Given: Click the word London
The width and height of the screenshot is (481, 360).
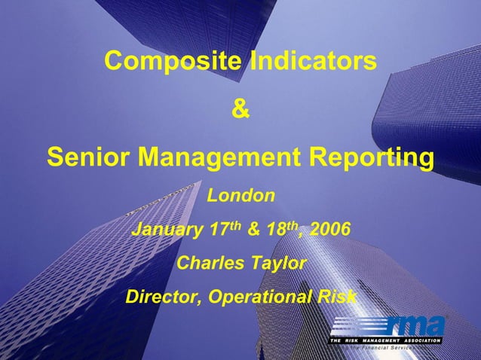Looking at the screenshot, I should point(240,197).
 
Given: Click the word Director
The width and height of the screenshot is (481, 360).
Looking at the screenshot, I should point(161,297).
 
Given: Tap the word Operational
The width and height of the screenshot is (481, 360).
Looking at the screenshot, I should point(258,297).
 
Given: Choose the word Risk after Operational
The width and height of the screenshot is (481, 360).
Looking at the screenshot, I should point(335,297).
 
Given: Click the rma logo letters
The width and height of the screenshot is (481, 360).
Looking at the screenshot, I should point(415,326).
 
